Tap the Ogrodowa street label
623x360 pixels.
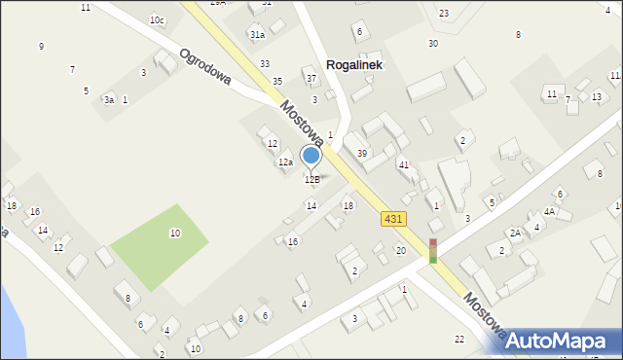coord(204,66)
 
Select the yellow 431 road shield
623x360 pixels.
coord(393,220)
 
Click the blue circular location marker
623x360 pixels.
coord(311,155)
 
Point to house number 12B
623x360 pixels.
coord(311,180)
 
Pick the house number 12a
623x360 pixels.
coord(285,162)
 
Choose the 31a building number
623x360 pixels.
coord(257,35)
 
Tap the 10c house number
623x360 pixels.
coord(157,20)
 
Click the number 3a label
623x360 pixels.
coord(110,100)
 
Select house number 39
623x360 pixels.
coord(362,154)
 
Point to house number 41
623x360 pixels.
coord(403,165)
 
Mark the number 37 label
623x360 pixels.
coord(311,79)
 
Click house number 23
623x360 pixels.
coord(444,14)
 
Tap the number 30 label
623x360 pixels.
coord(433,44)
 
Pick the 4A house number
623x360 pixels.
coord(549,211)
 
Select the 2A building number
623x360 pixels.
coord(515,234)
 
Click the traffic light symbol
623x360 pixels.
coord(433,251)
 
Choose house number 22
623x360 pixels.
coord(459,339)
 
